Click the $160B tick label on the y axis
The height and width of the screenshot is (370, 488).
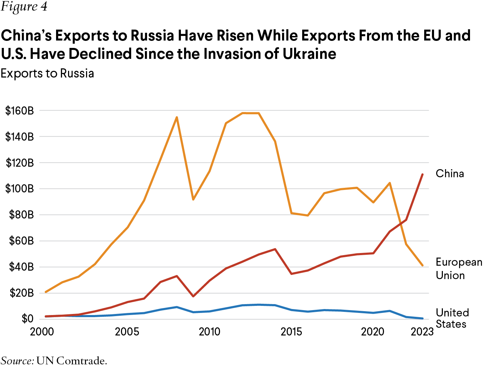tap(19, 111)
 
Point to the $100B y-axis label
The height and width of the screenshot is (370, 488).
tap(19, 189)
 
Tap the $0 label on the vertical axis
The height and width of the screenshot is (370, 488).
tap(27, 319)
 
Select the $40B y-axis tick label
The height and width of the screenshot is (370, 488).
tap(21, 267)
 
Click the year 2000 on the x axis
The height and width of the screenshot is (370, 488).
tap(42, 332)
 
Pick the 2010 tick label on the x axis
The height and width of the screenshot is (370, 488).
tap(209, 332)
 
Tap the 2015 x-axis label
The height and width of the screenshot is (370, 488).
tap(291, 332)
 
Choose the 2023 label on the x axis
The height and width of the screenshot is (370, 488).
tap(422, 332)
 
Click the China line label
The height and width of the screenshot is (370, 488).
tap(450, 174)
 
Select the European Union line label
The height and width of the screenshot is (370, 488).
tap(458, 269)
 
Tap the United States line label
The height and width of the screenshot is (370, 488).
tap(452, 318)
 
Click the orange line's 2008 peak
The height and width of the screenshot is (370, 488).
tap(177, 117)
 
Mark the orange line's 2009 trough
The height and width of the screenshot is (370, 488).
tap(193, 199)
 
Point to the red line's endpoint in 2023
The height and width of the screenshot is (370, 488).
tap(422, 174)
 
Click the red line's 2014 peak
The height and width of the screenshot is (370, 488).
tap(275, 249)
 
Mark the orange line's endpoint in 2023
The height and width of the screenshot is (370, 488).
tap(422, 265)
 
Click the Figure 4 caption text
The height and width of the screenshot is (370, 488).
tap(24, 7)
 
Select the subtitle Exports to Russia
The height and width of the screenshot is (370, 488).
tap(47, 73)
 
